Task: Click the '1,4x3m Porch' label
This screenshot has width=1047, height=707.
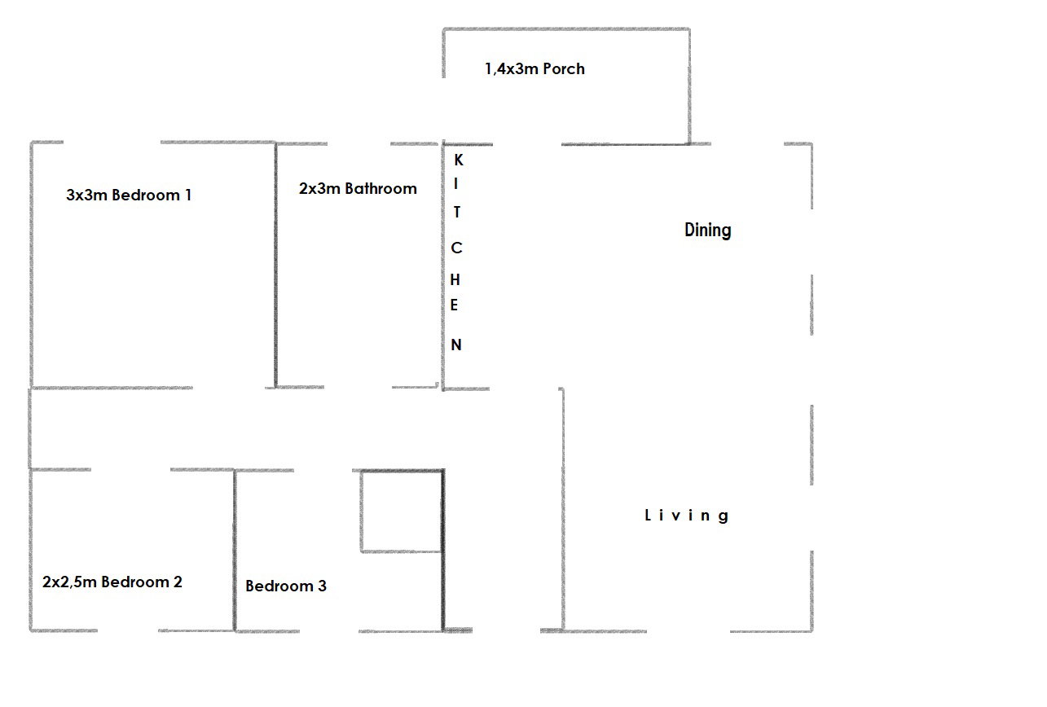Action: coord(534,69)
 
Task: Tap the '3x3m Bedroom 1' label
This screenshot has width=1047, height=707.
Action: coord(129,195)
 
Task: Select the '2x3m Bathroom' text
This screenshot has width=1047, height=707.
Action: coord(358,188)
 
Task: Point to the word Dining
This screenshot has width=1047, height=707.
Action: coord(708,231)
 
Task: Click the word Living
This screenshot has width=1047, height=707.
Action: coord(687,516)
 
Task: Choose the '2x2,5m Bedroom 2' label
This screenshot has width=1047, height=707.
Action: coord(112,582)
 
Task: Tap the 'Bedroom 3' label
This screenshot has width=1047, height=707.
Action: coord(286,586)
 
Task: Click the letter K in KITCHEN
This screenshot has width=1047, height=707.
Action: coord(459,160)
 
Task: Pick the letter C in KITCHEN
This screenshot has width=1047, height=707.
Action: coord(456,248)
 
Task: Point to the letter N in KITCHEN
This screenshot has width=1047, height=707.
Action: coord(456,345)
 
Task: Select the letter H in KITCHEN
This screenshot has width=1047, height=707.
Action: coord(455,280)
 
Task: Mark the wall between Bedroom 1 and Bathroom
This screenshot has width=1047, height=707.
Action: coord(275,265)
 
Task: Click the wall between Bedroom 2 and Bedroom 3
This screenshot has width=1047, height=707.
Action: coord(235,551)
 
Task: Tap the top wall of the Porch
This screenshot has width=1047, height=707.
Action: coord(566,29)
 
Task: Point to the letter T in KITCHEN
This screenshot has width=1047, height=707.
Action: coord(457,212)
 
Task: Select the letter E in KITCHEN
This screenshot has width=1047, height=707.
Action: coord(454,305)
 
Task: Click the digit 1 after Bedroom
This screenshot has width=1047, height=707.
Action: coord(189,195)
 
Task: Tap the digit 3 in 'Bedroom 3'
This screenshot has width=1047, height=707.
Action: coord(322,586)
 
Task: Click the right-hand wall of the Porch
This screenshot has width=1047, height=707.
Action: coord(689,86)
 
